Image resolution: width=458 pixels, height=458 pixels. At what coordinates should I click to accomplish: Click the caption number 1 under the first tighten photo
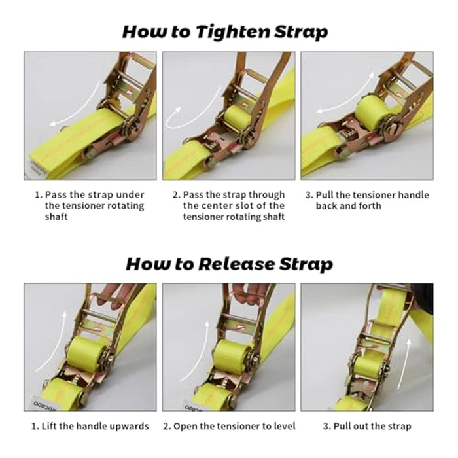click(x=39, y=195)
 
